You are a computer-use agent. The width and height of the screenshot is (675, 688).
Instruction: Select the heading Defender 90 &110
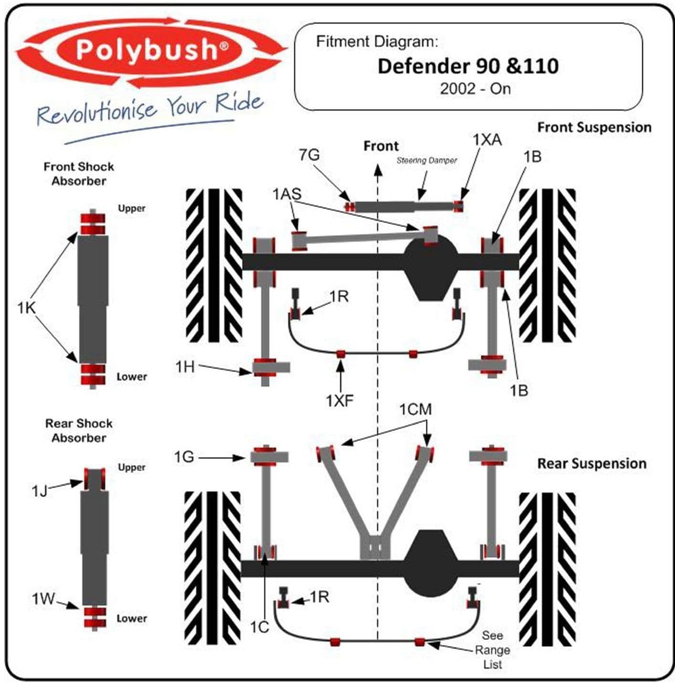click(468, 66)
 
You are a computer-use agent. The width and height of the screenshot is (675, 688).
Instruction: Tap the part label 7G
click(309, 155)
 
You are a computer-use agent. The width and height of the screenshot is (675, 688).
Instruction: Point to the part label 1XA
click(487, 140)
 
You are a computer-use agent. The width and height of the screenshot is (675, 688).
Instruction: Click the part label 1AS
click(287, 194)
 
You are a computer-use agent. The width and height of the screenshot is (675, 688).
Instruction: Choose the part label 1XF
click(340, 401)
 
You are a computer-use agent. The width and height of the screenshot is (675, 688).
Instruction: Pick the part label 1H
click(185, 367)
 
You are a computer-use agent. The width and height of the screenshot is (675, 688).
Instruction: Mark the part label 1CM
click(415, 409)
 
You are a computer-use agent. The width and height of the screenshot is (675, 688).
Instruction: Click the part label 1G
click(184, 457)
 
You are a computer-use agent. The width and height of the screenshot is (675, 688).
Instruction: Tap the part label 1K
click(27, 308)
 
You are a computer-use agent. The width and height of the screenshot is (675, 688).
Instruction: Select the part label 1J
click(40, 490)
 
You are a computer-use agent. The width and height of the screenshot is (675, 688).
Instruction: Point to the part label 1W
click(43, 599)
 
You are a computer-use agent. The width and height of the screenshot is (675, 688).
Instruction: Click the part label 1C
click(260, 627)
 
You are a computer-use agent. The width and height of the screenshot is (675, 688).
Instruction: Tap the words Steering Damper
click(427, 161)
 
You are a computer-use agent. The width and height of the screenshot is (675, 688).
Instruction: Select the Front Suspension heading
click(594, 127)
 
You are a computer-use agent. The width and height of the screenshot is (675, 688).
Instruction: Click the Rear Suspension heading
click(592, 464)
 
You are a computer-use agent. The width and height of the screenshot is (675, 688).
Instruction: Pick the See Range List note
click(492, 650)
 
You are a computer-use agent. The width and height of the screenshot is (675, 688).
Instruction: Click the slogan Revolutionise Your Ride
click(150, 108)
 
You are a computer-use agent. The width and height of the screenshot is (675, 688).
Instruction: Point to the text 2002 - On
click(475, 89)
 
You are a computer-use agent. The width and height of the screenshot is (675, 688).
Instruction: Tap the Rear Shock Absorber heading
click(79, 431)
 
